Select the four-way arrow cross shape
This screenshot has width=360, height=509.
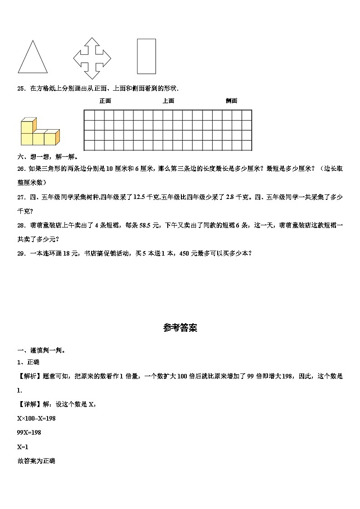[x=92, y=58]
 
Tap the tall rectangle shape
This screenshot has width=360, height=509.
[x=146, y=56]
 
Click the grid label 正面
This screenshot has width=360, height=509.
[x=105, y=101]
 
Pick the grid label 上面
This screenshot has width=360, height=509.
[x=168, y=101]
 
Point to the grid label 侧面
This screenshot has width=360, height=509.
[x=231, y=101]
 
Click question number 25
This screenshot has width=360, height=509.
[x=20, y=88]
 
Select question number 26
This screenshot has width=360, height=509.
[x=20, y=169]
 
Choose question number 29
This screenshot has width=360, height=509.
[x=20, y=253]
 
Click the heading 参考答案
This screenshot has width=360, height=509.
[x=180, y=328]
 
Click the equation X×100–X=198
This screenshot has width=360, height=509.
[x=36, y=418]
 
